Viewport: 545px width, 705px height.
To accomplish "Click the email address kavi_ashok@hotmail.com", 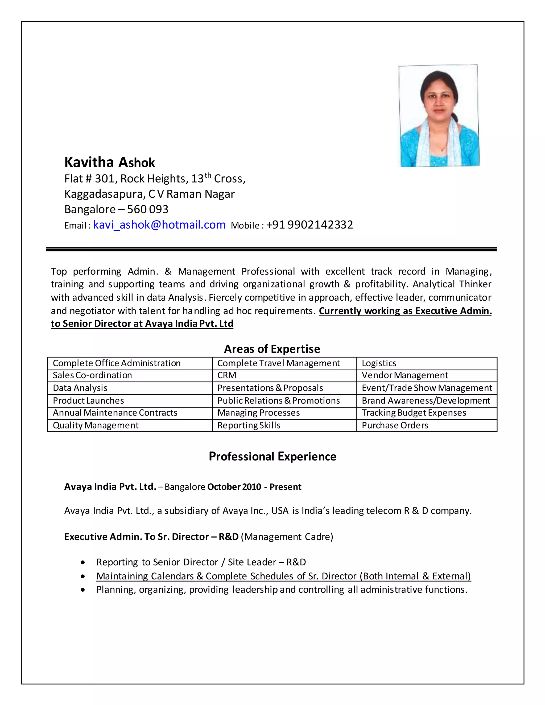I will (159, 225).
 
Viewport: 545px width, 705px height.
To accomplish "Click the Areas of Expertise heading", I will (272, 349).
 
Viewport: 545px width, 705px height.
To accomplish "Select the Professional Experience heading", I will (272, 457).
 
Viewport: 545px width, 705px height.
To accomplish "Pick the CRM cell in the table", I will (227, 375).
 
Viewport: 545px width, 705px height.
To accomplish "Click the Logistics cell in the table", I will (379, 363).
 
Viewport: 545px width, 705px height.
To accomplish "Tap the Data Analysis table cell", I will (80, 388).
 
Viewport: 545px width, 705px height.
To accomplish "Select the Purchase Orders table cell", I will (395, 425).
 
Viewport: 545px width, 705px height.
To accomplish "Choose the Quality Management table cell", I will (96, 425).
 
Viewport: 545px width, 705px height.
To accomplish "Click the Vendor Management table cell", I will (405, 375).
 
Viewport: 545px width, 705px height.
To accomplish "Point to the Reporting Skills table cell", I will (249, 425).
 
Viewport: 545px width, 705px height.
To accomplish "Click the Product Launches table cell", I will (88, 401).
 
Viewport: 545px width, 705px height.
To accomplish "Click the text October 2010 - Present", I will (254, 487).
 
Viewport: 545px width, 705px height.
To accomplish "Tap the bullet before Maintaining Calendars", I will (83, 576).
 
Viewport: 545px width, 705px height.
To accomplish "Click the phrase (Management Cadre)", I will (287, 537).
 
